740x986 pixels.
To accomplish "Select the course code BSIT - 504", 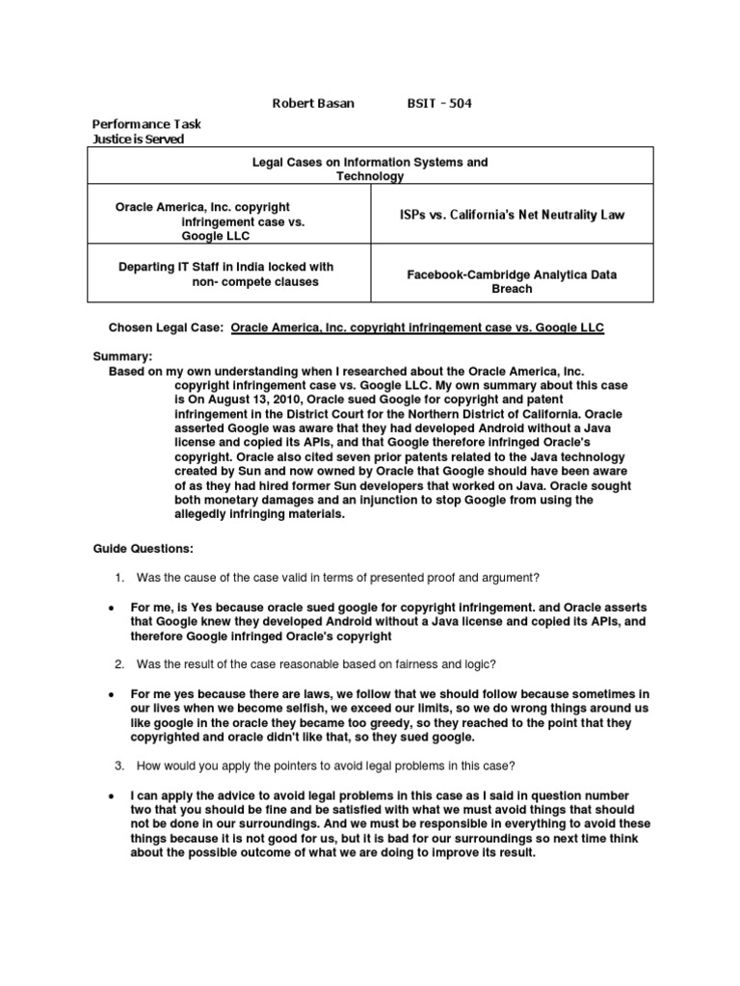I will (440, 104).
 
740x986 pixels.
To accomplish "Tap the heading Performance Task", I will (145, 124).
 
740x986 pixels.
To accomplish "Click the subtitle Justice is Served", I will (137, 139).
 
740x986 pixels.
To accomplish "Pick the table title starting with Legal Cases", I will (370, 169).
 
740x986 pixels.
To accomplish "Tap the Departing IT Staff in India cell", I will (225, 273).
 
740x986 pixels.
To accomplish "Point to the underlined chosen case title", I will (418, 328).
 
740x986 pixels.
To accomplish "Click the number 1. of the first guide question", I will (119, 577).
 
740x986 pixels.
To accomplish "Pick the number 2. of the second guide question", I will (119, 664).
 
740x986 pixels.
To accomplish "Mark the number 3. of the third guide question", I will (119, 766).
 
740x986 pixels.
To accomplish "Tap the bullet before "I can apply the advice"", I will (112, 796).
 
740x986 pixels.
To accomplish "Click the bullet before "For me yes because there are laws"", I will (112, 694).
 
